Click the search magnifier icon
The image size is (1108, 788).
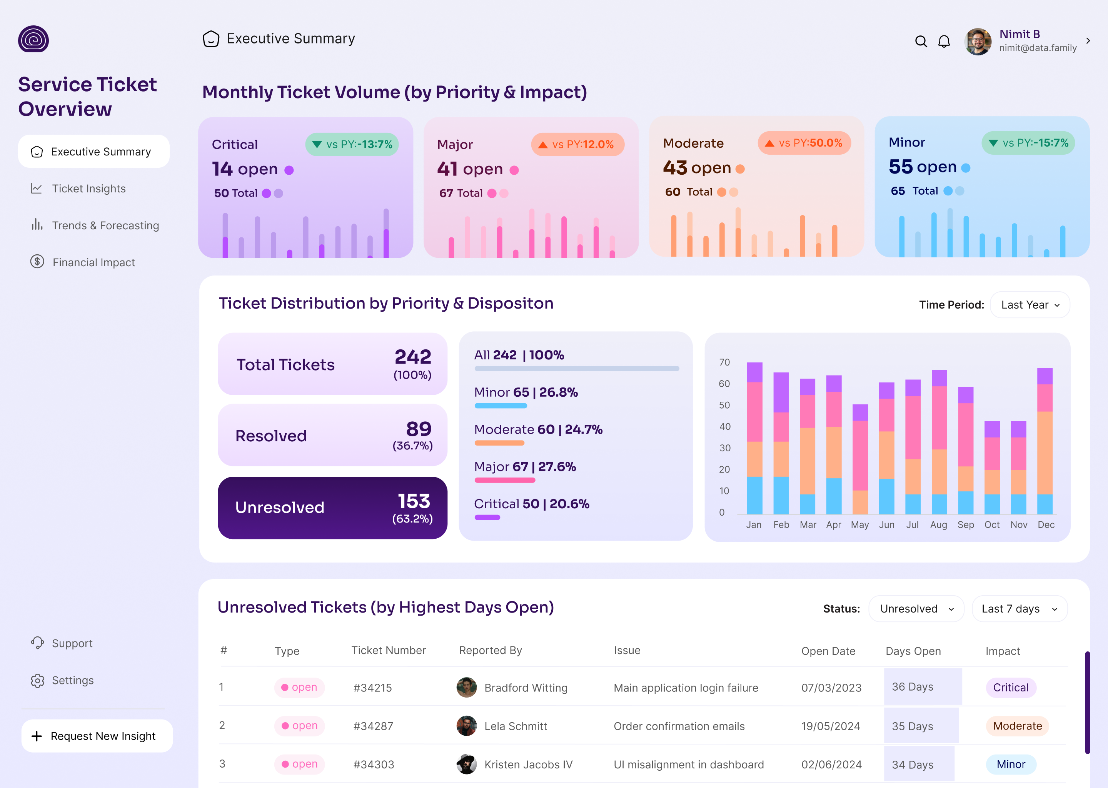pos(921,41)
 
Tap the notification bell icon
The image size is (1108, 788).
pos(944,41)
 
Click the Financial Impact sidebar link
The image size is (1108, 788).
pos(93,262)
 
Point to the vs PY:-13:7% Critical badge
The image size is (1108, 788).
pos(352,145)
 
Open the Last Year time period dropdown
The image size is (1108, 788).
pos(1030,305)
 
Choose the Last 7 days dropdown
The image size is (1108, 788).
pos(1019,609)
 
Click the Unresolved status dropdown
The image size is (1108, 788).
pos(915,609)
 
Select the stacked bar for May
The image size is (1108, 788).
pos(860,459)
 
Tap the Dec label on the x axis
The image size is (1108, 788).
pos(1046,524)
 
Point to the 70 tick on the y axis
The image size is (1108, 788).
pos(724,362)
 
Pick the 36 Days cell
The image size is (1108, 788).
pos(913,686)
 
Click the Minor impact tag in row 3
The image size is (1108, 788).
pos(1011,764)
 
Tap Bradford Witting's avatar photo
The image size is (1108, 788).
pos(466,687)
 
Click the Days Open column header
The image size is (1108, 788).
pos(913,651)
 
